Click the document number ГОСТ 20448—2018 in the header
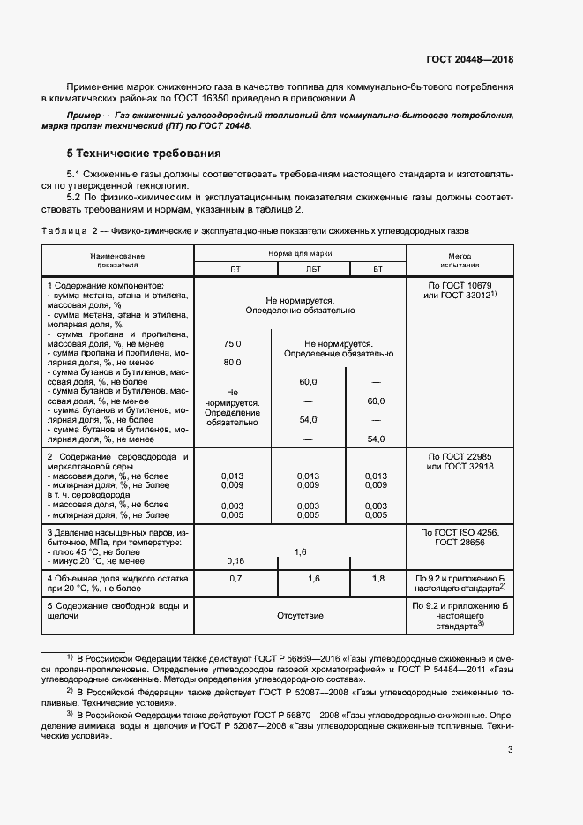pos(469,60)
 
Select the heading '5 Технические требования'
pos(138,153)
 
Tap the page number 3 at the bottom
pos(510,750)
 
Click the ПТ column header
pos(235,269)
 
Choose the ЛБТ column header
pos(312,269)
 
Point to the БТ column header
pos(377,269)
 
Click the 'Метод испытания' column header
pos(460,259)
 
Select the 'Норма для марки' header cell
pos(300,252)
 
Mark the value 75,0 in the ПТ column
pos(233,345)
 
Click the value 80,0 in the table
pos(233,363)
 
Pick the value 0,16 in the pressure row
pos(235,561)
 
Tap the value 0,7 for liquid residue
pos(235,579)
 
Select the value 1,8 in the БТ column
pos(377,579)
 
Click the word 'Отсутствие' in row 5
pos(300,615)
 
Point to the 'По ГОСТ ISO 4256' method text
pos(460,534)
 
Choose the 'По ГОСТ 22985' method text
pos(460,456)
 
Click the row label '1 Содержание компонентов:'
pos(106,287)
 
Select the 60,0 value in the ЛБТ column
pos(308,381)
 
